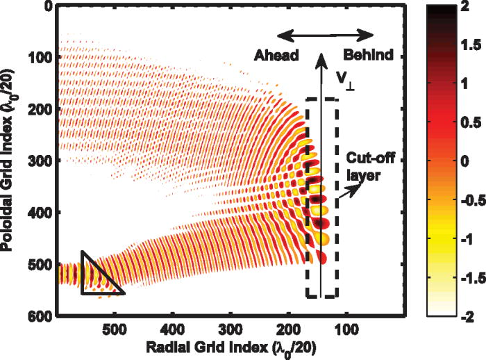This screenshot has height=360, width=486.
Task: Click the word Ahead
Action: pos(276,54)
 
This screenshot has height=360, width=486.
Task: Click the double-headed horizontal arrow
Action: pos(326,33)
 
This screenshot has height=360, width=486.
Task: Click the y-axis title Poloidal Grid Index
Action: pos(15,160)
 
